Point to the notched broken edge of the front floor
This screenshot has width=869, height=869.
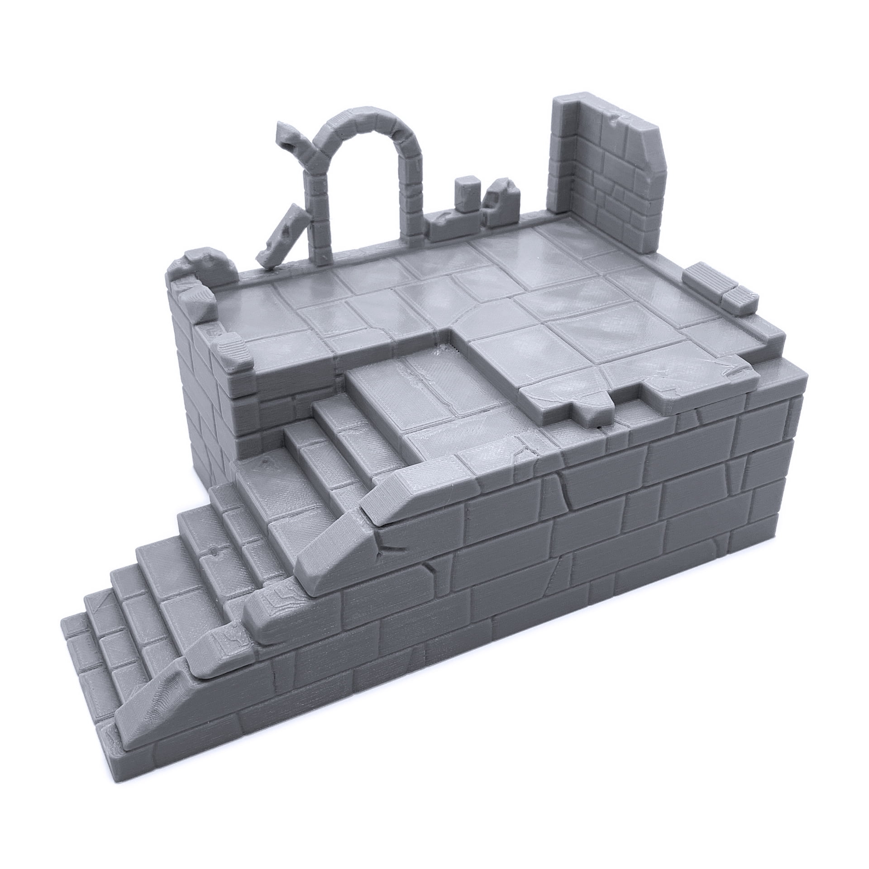coord(588,398)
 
